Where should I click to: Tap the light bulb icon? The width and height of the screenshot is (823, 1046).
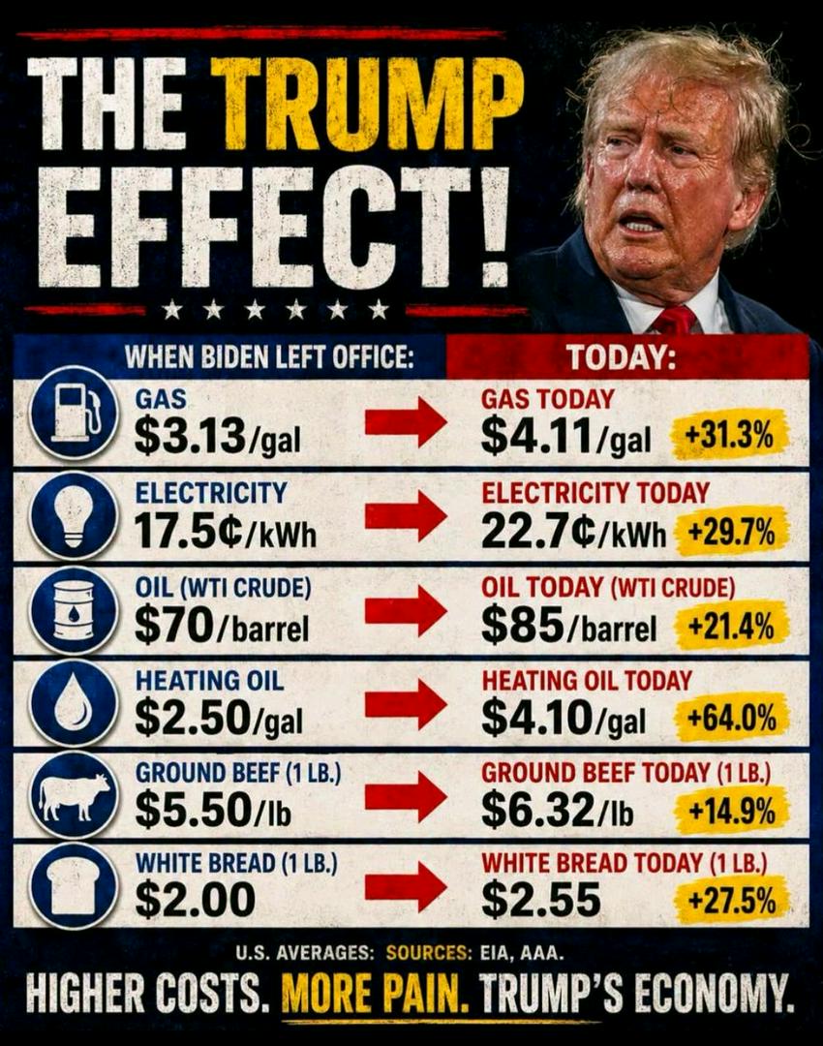coord(74,514)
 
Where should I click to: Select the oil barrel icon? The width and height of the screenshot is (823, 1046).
coord(74,608)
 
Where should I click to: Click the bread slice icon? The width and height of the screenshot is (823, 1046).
coord(74,886)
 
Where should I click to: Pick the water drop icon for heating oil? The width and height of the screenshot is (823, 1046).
coord(74,702)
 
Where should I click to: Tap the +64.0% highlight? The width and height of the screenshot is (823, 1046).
coord(732,719)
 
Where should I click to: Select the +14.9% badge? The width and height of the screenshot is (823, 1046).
coord(732,811)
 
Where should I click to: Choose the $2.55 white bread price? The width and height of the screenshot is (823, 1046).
coord(541,899)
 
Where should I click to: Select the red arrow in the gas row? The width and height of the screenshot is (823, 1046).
coord(406,421)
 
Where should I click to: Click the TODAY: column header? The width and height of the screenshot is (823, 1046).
coord(621,358)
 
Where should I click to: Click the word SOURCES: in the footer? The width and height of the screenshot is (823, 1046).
coord(428,952)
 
